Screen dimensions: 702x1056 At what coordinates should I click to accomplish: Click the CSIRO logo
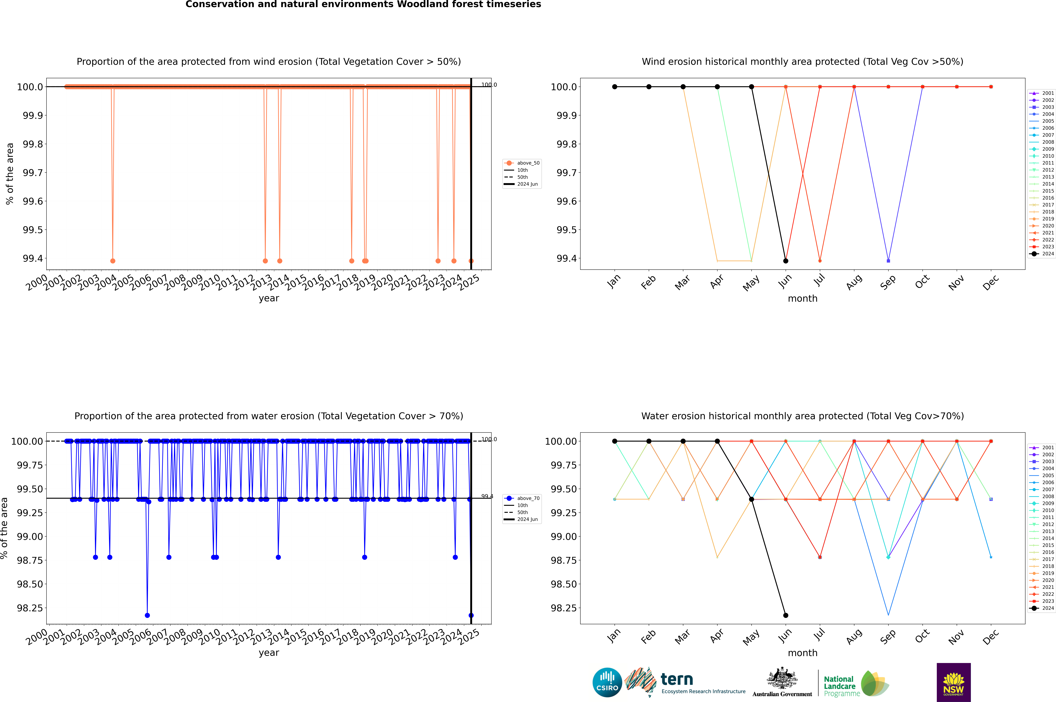607,682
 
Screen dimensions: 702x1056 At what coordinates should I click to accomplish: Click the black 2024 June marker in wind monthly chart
786,261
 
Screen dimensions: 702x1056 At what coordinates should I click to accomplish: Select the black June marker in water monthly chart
786,615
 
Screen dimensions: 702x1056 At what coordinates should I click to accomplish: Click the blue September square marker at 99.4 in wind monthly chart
888,261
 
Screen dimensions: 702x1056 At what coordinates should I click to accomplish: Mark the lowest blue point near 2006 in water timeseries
147,615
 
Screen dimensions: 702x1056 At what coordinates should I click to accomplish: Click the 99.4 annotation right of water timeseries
487,496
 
